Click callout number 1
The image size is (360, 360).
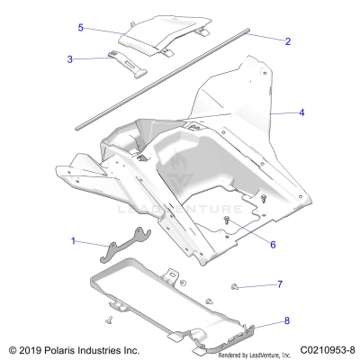(x=74, y=242)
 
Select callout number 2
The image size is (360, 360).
(x=288, y=42)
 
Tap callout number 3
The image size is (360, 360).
(x=70, y=59)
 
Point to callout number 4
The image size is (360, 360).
(x=302, y=113)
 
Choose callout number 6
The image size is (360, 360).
(x=273, y=243)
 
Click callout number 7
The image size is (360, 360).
(x=280, y=284)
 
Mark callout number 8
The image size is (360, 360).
(x=287, y=320)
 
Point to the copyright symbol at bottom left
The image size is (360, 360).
(x=11, y=349)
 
